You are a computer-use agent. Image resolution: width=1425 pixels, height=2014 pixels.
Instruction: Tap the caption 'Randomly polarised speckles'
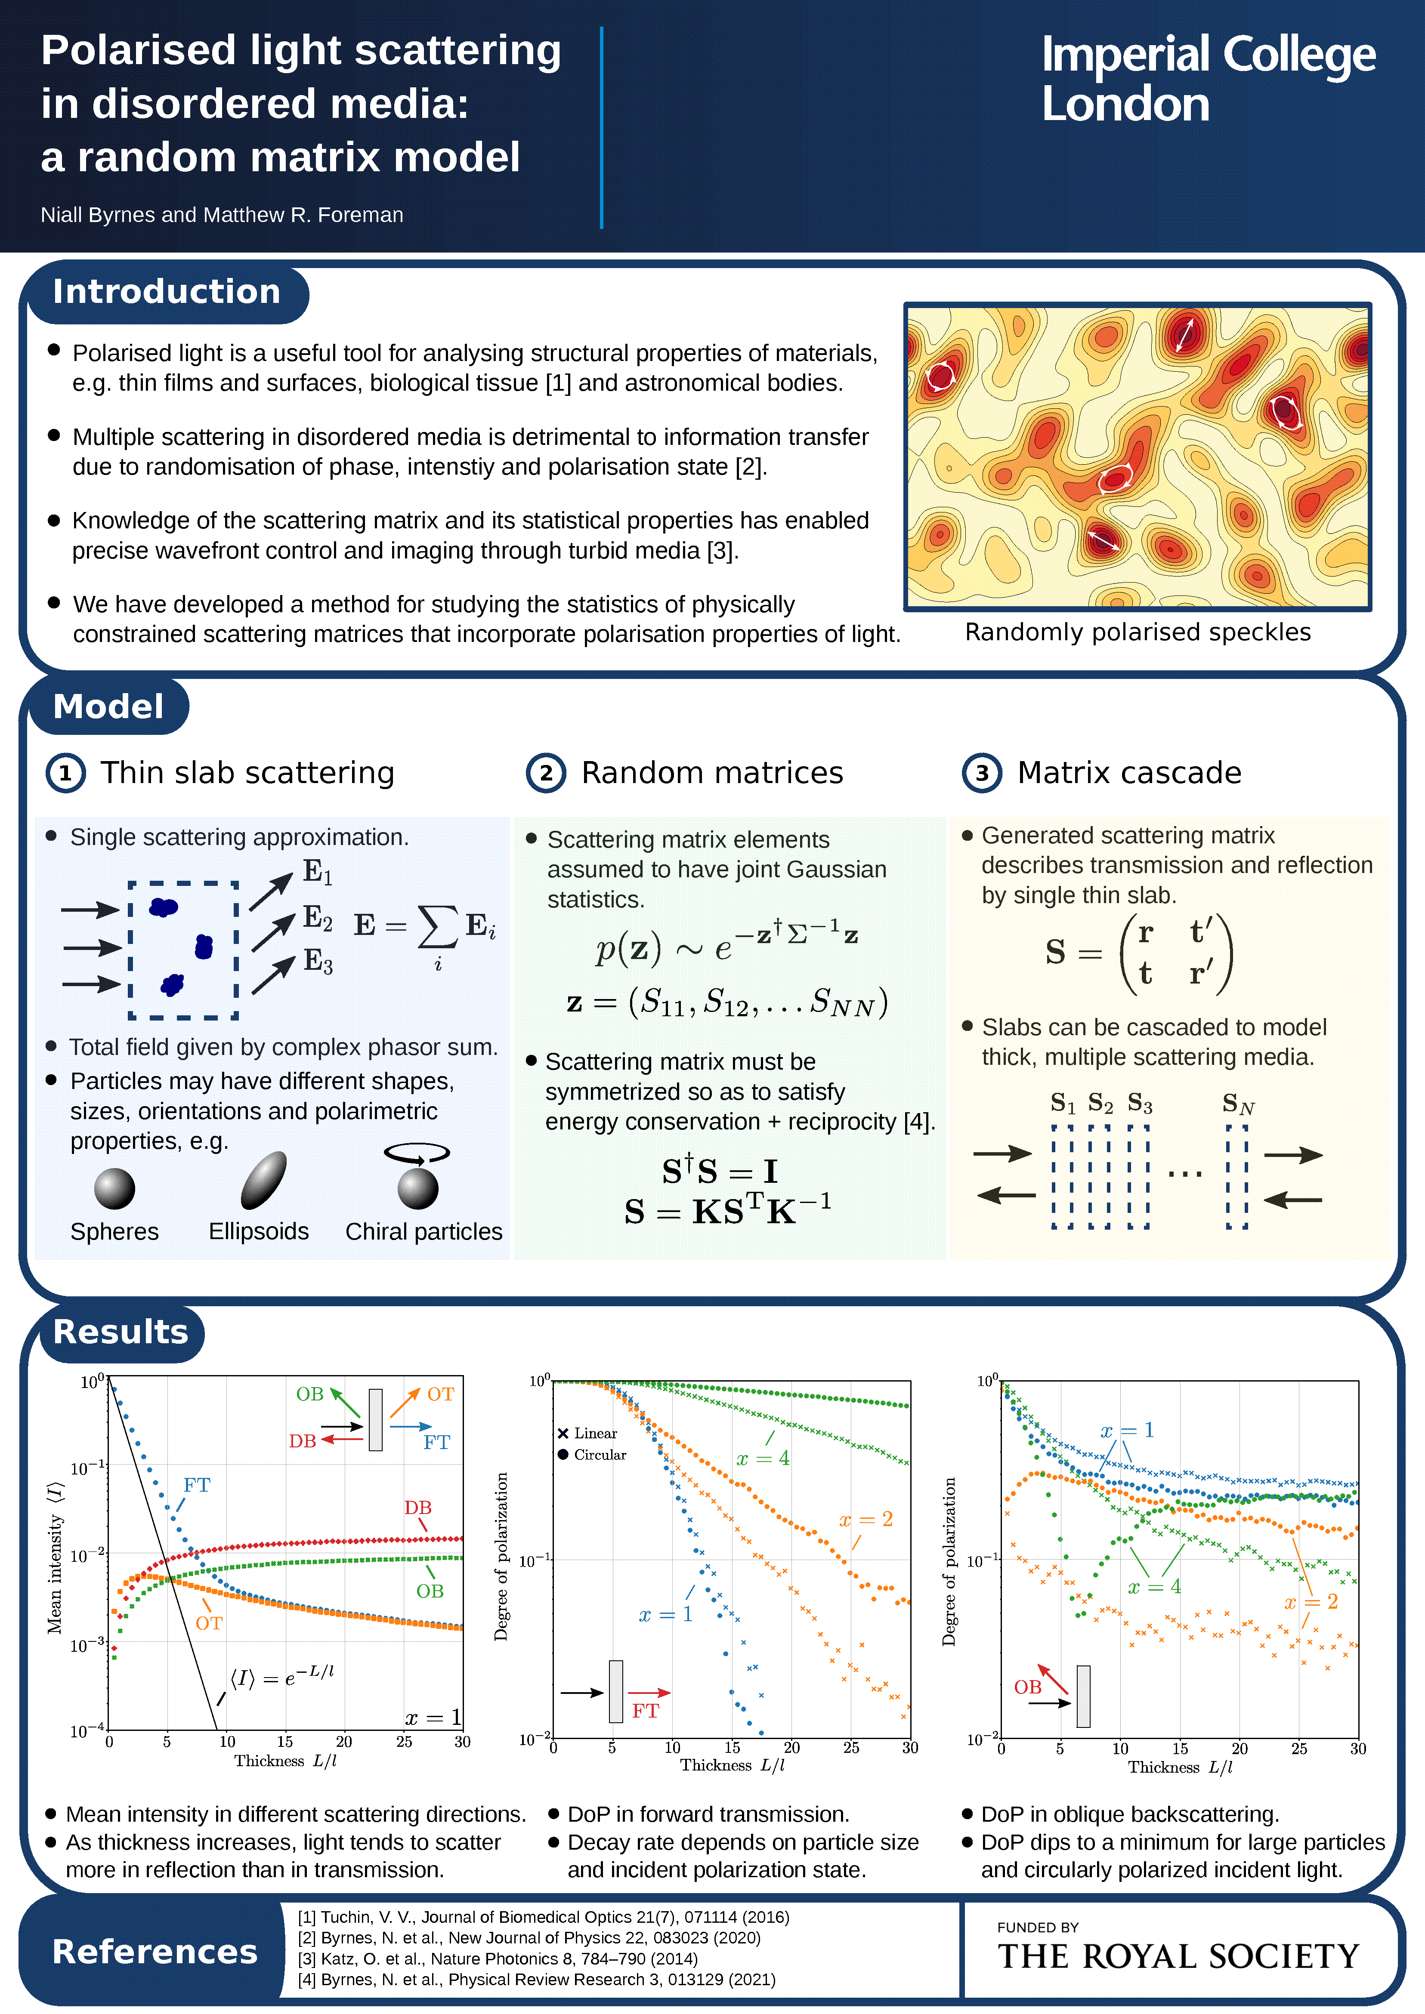tap(1137, 632)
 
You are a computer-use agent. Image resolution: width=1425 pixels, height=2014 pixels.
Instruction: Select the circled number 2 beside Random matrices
tap(546, 773)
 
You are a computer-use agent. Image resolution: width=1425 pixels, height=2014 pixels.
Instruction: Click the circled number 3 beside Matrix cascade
tap(982, 773)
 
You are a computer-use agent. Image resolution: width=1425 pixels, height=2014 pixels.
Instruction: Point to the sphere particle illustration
tap(115, 1189)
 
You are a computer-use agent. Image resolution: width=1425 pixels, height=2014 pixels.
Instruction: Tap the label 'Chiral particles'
tap(424, 1231)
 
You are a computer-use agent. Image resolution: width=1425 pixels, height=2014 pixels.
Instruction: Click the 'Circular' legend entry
tap(599, 1454)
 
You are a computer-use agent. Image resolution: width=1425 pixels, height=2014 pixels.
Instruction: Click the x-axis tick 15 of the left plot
tap(285, 1741)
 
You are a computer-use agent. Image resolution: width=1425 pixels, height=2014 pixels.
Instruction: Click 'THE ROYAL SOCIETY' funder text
tap(1178, 1957)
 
